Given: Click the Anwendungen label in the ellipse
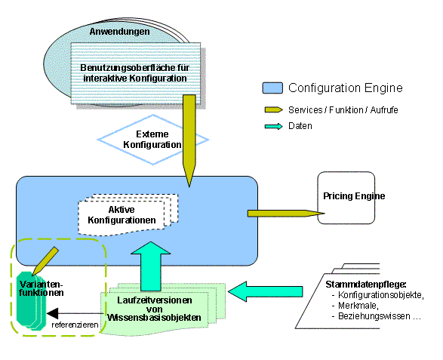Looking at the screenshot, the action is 119,32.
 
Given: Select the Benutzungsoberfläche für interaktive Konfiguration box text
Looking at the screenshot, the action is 135,73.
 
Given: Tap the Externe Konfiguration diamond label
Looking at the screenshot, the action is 152,140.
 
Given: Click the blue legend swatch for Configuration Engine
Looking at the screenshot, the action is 272,88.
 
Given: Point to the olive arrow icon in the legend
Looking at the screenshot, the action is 273,110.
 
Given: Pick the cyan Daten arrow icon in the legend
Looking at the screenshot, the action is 273,126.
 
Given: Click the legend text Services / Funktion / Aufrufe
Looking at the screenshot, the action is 343,110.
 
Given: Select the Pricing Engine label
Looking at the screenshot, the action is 354,195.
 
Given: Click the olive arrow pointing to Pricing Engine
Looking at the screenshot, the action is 286,214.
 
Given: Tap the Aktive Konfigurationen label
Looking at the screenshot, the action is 122,215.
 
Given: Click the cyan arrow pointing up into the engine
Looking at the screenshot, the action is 151,266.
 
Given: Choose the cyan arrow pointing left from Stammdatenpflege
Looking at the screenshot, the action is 265,291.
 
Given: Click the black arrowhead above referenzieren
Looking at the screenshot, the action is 53,313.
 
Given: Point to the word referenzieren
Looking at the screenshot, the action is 75,325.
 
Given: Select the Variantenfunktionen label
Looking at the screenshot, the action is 42,288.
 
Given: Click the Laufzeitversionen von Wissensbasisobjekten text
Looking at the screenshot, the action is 154,309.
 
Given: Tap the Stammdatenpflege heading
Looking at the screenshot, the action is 366,285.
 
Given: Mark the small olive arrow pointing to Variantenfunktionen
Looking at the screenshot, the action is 45,261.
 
